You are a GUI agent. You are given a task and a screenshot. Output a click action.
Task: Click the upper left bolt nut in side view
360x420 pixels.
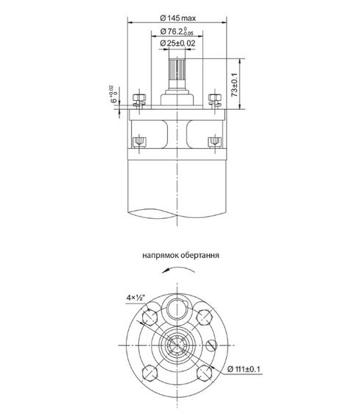(138, 99)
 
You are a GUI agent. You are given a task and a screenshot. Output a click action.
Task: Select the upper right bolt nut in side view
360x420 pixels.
(215, 99)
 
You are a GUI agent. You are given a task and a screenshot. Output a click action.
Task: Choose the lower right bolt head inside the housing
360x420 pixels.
(215, 141)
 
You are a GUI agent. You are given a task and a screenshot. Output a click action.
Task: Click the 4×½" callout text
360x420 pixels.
(135, 298)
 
